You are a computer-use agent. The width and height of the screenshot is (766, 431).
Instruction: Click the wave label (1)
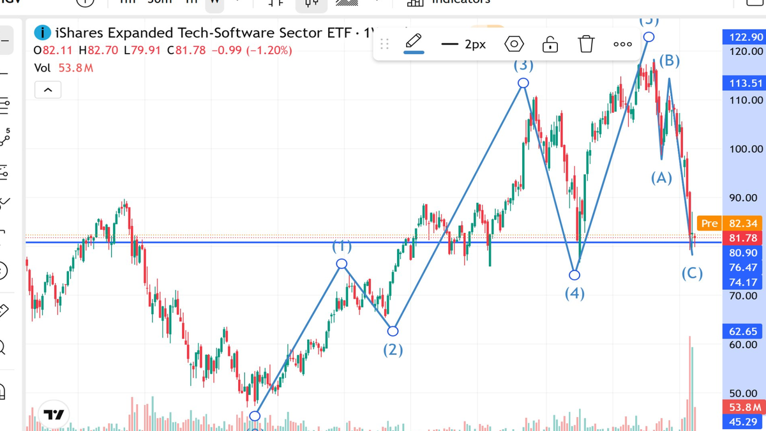(342, 246)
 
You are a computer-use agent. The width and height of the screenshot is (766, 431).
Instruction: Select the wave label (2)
(393, 349)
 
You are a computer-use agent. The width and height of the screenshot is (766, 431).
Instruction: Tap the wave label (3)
(523, 64)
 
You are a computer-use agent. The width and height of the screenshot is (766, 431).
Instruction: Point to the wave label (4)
(574, 293)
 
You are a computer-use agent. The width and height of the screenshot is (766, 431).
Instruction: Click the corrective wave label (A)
(661, 178)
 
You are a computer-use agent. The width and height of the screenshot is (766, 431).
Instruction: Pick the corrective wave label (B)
(669, 61)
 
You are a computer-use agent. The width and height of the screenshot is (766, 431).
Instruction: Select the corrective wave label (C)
(692, 274)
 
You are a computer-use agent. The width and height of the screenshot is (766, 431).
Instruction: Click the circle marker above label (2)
(393, 331)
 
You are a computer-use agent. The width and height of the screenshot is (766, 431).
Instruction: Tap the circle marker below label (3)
(523, 83)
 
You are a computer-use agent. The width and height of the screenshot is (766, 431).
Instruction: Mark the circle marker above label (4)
(574, 275)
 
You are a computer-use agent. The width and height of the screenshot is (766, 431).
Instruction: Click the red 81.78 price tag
(742, 238)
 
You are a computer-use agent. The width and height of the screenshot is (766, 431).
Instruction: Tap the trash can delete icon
(586, 44)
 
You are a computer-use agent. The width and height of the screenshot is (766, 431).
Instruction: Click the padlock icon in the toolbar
(550, 44)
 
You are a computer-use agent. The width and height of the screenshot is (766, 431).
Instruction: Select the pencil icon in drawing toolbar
(414, 43)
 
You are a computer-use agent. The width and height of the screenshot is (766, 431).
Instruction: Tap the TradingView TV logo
(54, 414)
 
